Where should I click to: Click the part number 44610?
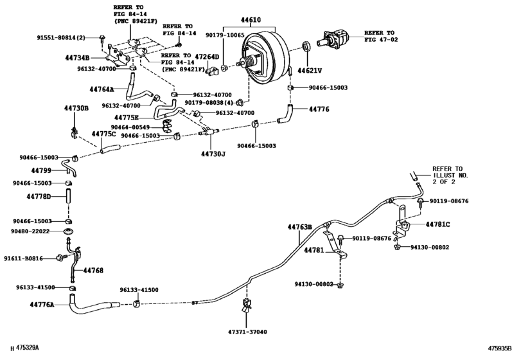pyautogui.click(x=251, y=20)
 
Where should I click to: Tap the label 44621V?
pyautogui.click(x=310, y=71)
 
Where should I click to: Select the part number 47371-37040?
pyautogui.click(x=247, y=332)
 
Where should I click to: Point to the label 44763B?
pyautogui.click(x=300, y=227)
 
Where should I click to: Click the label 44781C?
pyautogui.click(x=438, y=224)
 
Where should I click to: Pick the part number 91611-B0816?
pyautogui.click(x=23, y=258)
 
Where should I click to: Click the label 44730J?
pyautogui.click(x=213, y=154)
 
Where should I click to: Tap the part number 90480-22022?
pyautogui.click(x=31, y=231)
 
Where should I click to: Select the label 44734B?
pyautogui.click(x=77, y=57)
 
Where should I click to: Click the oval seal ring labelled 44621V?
pyautogui.click(x=306, y=47)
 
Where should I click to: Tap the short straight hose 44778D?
pyautogui.click(x=69, y=197)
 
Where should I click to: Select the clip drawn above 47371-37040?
pyautogui.click(x=247, y=305)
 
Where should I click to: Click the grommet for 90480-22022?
pyautogui.click(x=69, y=231)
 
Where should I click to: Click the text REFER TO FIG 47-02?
pyautogui.click(x=381, y=36)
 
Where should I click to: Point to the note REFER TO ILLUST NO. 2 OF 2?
pyautogui.click(x=450, y=175)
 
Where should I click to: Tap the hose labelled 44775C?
pyautogui.click(x=110, y=149)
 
